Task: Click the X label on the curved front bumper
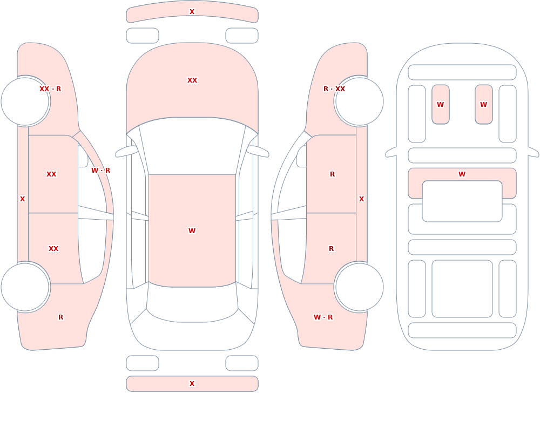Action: (192, 12)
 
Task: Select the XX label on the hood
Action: (192, 80)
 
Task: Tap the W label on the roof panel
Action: (192, 230)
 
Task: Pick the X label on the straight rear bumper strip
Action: (192, 384)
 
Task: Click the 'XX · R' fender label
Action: (50, 89)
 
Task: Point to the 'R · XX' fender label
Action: (334, 89)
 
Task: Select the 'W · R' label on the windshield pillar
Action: (100, 171)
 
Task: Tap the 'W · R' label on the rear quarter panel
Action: (323, 317)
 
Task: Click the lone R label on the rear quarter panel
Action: (60, 317)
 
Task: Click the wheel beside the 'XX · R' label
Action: (25, 101)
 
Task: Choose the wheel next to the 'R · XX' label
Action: (359, 101)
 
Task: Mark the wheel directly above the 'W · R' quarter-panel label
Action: (359, 287)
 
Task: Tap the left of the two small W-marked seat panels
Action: (441, 104)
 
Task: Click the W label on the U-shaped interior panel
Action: (462, 174)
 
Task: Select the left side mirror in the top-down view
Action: (126, 151)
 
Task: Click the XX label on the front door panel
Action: (51, 174)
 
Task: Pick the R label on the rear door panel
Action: (332, 249)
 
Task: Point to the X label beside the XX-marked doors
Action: (22, 199)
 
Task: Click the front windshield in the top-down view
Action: (192, 146)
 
